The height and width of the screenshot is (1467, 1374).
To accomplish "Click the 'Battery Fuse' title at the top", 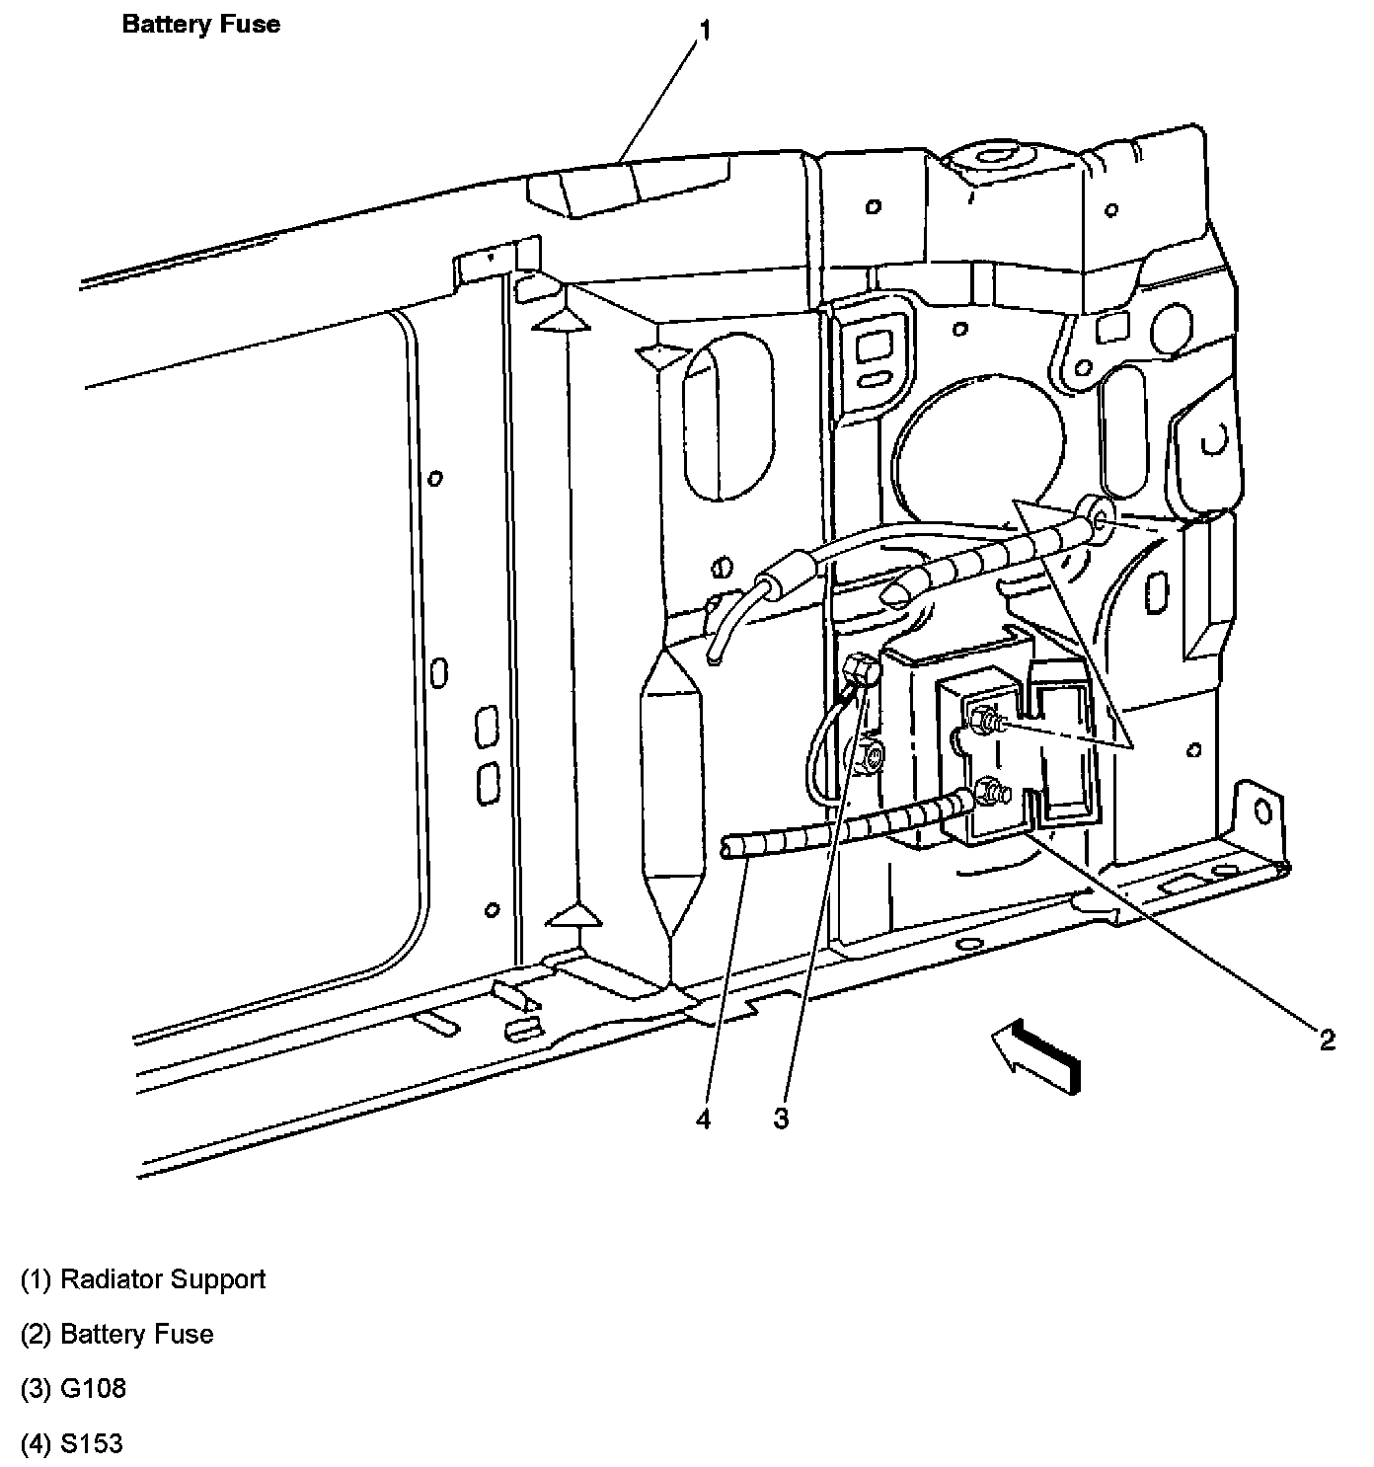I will [200, 24].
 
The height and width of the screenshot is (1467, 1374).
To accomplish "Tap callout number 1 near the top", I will [705, 31].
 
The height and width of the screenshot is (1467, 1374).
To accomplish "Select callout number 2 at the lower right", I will [1327, 1039].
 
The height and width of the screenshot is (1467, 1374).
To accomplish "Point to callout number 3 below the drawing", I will [781, 1119].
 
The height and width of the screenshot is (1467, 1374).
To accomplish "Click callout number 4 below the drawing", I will [703, 1119].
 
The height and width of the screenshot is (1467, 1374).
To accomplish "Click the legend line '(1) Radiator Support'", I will [143, 1279].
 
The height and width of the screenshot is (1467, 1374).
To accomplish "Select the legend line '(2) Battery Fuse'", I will [117, 1334].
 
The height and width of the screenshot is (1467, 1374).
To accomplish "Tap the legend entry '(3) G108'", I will [74, 1388].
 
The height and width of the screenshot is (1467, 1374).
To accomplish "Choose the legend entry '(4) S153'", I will [72, 1443].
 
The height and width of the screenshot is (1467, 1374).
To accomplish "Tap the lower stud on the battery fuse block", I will [988, 791].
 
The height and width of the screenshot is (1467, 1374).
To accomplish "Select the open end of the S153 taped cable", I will [728, 847].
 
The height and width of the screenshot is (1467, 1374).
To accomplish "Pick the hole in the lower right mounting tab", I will [1261, 811].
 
